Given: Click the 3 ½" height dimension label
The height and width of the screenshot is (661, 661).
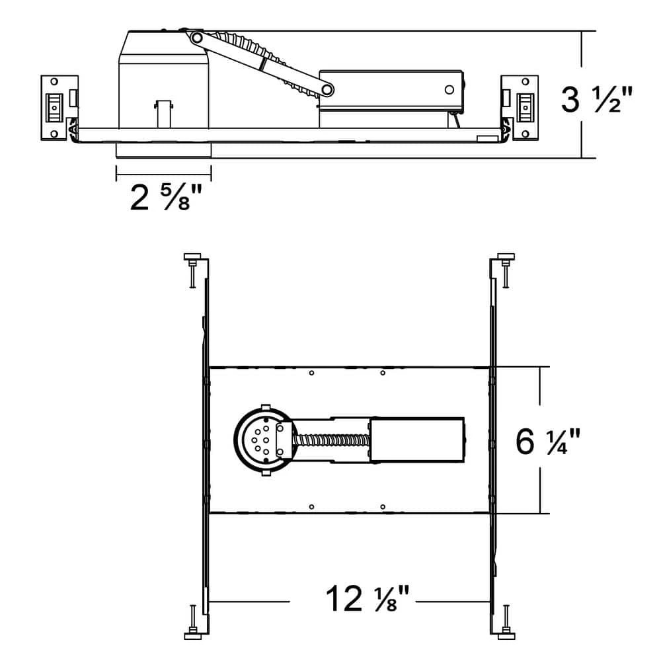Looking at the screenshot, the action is (x=596, y=100).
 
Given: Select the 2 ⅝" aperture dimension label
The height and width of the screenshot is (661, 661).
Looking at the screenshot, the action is (x=166, y=197).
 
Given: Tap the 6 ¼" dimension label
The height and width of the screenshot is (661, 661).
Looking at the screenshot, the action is (x=547, y=442).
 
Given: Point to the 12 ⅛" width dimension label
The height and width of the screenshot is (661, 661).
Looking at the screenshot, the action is (x=367, y=598).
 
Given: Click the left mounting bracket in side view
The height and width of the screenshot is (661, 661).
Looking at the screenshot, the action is (x=59, y=108).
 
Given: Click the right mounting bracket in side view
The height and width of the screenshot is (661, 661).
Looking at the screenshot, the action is (x=520, y=108).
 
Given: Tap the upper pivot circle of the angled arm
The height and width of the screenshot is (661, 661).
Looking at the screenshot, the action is (x=196, y=38).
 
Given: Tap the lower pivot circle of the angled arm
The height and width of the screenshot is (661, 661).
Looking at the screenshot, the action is (x=327, y=89).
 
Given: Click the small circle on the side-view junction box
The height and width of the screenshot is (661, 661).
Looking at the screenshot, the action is (x=449, y=89).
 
